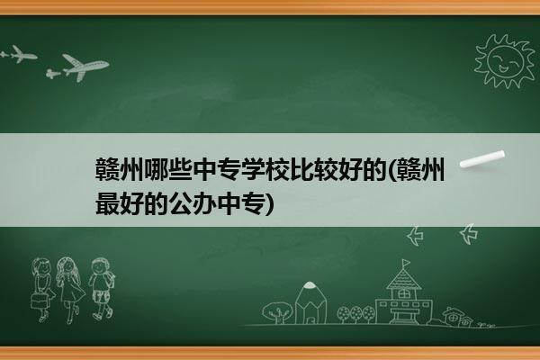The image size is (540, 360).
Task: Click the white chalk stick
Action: [x=482, y=159]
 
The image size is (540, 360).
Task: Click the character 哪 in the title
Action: [x=156, y=169]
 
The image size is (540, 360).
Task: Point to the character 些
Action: [x=180, y=169]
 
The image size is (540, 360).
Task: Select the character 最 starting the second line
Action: [x=108, y=203]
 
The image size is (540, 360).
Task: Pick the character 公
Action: [x=180, y=203]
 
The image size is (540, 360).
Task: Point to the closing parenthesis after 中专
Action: [x=270, y=204]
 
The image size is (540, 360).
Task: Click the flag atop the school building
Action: [x=407, y=263]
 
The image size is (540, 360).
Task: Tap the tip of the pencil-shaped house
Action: [x=310, y=284]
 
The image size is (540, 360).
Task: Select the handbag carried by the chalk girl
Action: [x=38, y=301]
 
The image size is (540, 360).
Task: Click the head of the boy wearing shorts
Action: [x=100, y=266]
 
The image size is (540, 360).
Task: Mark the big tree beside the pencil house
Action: [x=277, y=312]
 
